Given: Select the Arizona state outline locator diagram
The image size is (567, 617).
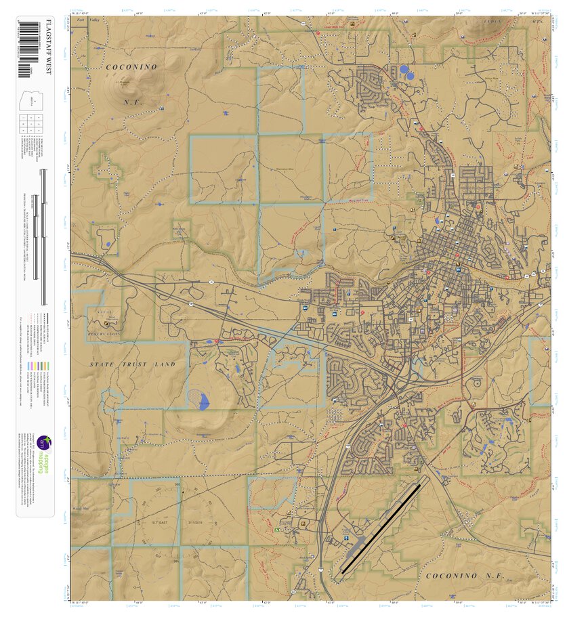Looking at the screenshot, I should click(x=35, y=98).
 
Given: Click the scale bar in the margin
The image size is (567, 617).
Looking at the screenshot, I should click(x=45, y=237).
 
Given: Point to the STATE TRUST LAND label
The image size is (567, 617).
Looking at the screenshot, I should click(x=133, y=364).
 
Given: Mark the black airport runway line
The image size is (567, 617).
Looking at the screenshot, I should click(x=381, y=528).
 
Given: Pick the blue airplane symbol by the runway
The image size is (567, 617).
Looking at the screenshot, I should click(x=349, y=540).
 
